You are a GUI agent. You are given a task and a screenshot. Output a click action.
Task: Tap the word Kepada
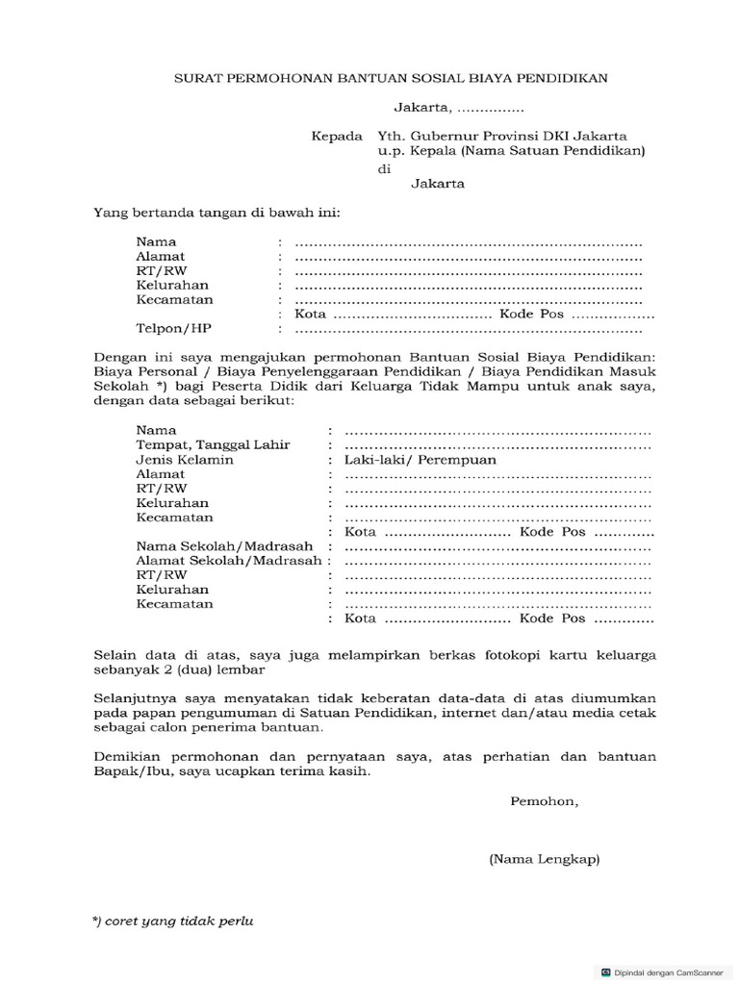tap(337, 136)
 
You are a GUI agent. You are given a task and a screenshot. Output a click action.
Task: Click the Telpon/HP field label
tap(173, 328)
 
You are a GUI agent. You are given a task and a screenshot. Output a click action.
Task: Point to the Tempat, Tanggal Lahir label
tap(213, 445)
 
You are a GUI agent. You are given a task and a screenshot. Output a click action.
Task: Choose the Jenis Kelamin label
tap(185, 460)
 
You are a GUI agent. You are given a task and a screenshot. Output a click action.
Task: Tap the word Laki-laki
tap(373, 460)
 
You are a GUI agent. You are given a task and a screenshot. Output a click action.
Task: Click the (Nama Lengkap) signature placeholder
tap(544, 860)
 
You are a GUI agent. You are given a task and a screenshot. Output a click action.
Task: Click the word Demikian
tap(126, 757)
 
